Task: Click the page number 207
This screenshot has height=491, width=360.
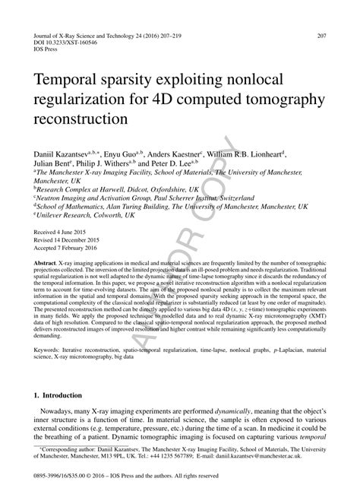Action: (x=322, y=36)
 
